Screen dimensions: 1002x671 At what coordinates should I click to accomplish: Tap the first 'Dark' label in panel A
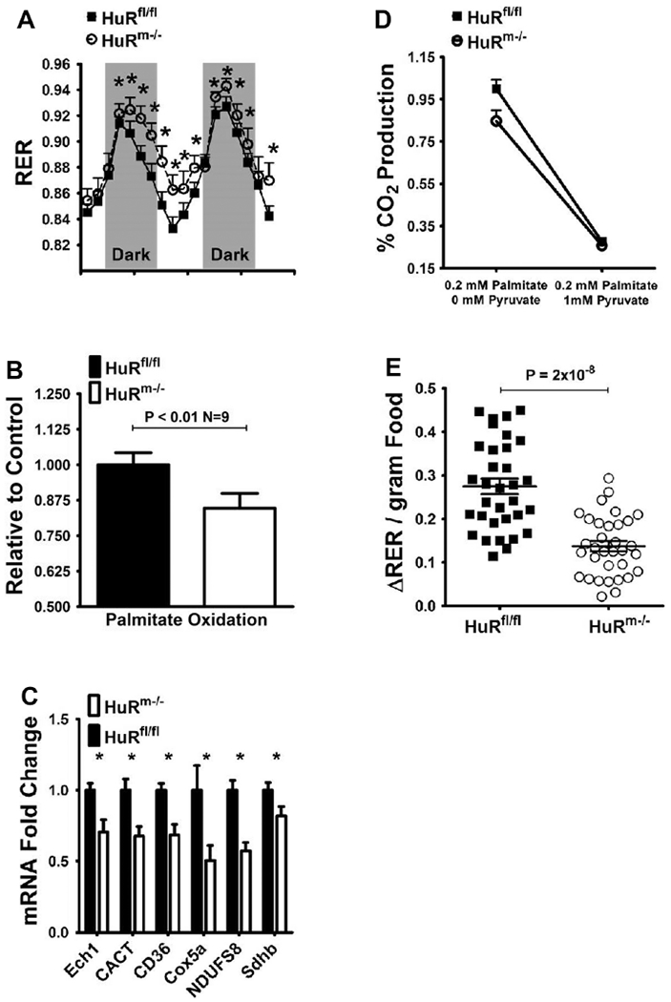[131, 257]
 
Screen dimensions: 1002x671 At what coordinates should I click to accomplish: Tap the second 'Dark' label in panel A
[228, 257]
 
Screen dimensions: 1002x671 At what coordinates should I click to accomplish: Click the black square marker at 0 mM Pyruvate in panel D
[496, 89]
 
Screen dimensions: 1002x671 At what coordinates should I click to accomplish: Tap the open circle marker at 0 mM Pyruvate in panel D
[496, 120]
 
